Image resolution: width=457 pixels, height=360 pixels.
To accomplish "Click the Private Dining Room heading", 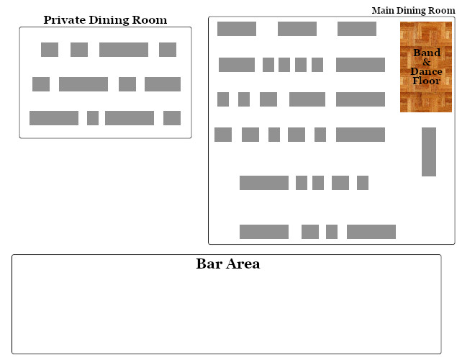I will point(105,20).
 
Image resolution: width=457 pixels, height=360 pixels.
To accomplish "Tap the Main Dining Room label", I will point(412,10).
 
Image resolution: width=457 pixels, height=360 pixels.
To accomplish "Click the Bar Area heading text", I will point(227,264).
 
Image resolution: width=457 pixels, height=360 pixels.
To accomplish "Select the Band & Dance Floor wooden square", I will point(426,67).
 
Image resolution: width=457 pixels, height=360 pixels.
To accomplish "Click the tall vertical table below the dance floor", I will point(429,151).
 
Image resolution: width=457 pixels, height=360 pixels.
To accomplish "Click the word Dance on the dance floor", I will point(426,72).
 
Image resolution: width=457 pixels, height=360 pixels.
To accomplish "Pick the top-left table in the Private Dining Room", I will point(50,50).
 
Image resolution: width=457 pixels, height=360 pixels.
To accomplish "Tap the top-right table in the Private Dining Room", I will point(168,50).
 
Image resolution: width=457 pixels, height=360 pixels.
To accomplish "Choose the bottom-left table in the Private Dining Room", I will point(54,118).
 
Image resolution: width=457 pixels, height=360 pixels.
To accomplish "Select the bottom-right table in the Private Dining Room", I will point(172,118).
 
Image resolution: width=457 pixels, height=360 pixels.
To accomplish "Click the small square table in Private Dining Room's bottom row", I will point(93,118).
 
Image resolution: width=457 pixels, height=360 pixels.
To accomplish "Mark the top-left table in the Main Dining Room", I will point(237,29).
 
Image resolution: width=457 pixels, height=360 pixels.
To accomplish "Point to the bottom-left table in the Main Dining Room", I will point(264,232).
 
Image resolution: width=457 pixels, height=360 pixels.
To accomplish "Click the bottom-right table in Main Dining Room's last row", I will point(371,232).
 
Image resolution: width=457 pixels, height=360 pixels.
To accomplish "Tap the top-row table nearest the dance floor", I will point(357,29).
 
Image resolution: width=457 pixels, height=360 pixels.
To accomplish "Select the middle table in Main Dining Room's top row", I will point(297,29).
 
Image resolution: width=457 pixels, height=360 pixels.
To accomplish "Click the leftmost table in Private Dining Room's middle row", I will point(41,84).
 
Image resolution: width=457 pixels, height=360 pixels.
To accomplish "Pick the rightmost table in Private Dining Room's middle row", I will point(163,84).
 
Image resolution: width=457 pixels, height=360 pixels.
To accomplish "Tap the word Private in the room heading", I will point(65,20).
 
